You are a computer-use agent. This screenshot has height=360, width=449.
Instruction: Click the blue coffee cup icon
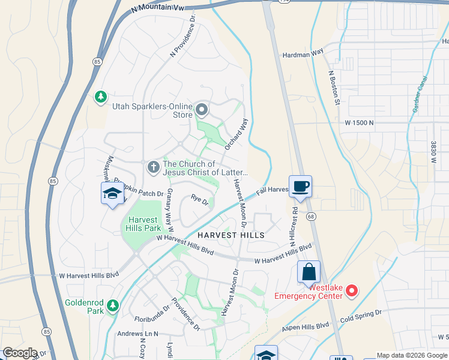[x=300, y=186]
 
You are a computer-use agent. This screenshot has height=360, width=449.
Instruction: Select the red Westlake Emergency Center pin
[x=352, y=292]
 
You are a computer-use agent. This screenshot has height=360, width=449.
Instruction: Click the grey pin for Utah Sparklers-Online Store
[x=202, y=110]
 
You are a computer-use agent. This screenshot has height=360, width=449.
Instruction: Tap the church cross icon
[x=153, y=167]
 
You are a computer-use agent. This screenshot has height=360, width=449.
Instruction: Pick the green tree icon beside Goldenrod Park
[x=112, y=306]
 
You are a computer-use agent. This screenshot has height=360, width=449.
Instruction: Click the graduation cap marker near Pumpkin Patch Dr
[x=112, y=194]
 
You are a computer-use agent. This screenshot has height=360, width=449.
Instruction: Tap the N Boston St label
[x=334, y=88]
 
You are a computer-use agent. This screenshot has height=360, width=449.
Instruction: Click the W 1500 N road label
[x=359, y=122]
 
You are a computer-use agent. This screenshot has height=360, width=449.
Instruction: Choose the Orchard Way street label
[x=236, y=133]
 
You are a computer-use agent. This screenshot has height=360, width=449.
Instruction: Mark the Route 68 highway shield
[x=311, y=216]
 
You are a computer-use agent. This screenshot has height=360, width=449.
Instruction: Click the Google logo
[x=20, y=353]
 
